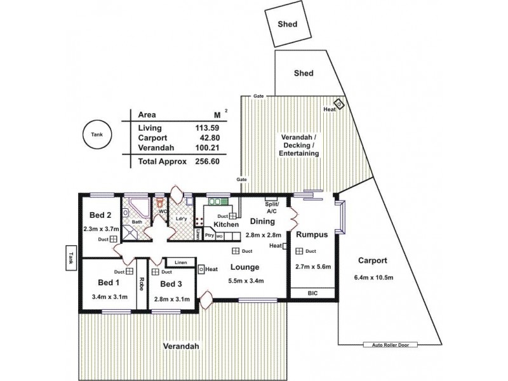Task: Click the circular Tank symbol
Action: [97, 135]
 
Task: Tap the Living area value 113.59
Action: [208, 128]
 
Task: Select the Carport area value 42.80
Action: [208, 137]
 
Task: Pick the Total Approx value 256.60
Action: [207, 161]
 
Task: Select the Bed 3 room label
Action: [171, 284]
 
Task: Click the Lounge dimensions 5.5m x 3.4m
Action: [247, 281]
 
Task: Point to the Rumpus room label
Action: [312, 234]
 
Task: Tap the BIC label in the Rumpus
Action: [312, 293]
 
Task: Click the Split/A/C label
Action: [272, 206]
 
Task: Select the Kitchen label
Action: [226, 225]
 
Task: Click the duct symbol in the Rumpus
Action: [298, 251]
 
